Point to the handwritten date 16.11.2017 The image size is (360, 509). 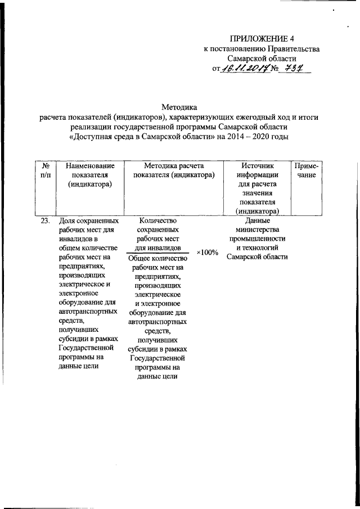pos(247,68)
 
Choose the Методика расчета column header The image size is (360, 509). pos(174,171)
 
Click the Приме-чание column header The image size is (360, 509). pos(307,171)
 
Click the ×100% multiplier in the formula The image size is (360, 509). pos(207,253)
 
